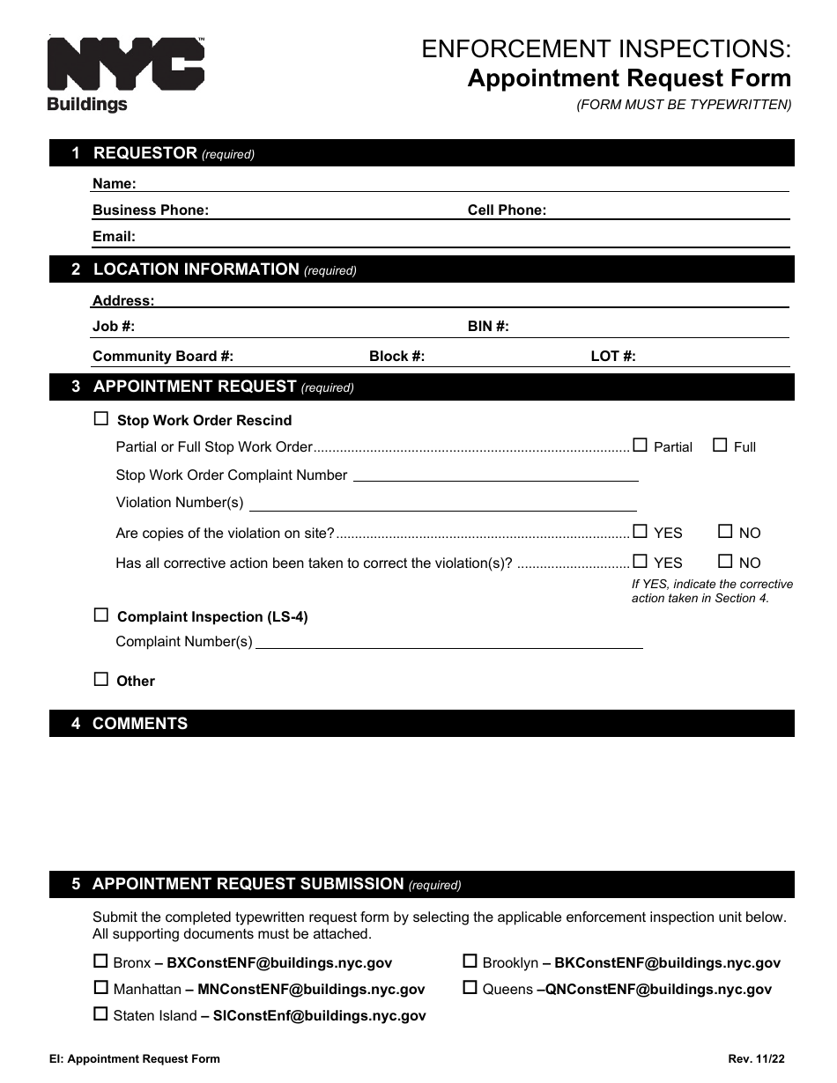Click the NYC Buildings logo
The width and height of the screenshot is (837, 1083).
point(125,74)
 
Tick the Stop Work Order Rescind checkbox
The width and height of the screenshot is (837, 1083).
point(101,419)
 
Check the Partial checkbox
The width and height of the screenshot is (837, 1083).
point(640,446)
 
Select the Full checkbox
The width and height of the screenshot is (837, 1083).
point(720,446)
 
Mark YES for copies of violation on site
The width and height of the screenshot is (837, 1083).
point(640,531)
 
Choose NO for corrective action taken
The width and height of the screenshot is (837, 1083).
point(725,561)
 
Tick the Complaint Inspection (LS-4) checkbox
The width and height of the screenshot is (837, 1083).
point(101,615)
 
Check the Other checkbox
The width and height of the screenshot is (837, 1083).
point(101,679)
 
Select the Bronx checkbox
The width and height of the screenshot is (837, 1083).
point(100,961)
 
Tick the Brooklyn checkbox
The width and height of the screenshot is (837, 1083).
point(470,961)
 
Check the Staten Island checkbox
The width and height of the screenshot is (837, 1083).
point(100,1013)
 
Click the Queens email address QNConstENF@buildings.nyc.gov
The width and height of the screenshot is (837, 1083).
point(658,990)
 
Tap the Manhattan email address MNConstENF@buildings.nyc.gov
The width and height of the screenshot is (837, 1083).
point(311,990)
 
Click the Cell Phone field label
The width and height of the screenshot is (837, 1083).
point(507,210)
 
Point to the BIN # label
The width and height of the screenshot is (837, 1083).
point(488,327)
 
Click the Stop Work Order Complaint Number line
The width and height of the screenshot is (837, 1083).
point(495,475)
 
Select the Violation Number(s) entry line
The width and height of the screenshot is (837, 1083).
point(443,504)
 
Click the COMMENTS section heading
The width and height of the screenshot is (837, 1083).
point(140,724)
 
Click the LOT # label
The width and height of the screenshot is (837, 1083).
point(613,357)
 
